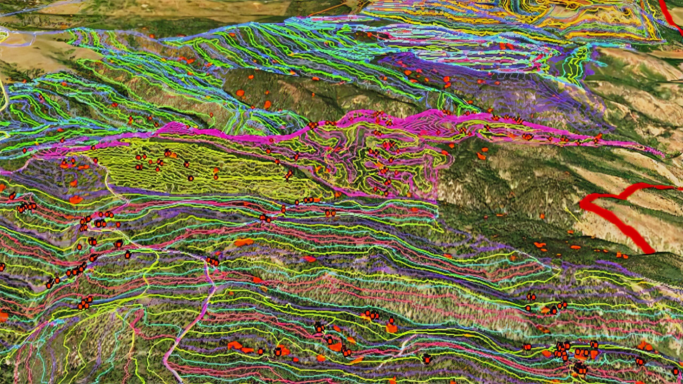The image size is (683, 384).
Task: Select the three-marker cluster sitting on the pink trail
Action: pyautogui.click(x=213, y=261)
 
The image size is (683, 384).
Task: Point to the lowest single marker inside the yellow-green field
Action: pyautogui.click(x=190, y=178)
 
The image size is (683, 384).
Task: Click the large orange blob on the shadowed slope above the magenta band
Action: pyautogui.click(x=240, y=93)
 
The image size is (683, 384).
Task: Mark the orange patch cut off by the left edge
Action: pyautogui.click(x=3, y=316)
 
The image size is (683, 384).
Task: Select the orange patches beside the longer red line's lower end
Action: pyautogui.click(x=622, y=255)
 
